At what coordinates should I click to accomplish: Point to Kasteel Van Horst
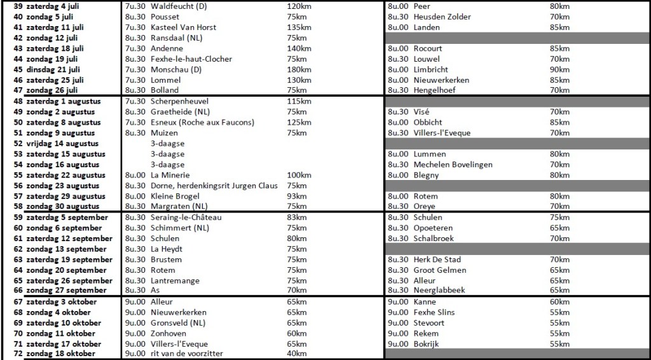point(183,27)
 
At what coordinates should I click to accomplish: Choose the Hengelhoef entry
point(435,90)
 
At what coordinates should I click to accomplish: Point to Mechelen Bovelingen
point(453,165)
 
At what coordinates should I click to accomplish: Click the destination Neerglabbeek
point(439,291)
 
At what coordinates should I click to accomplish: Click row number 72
point(18,354)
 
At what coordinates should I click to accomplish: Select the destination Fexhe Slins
point(434,312)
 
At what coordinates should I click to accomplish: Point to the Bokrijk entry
point(426,343)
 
